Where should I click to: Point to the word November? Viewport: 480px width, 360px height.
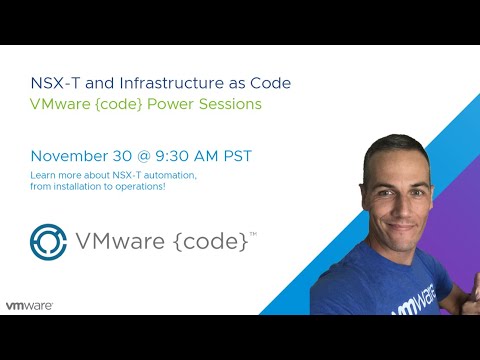(70, 156)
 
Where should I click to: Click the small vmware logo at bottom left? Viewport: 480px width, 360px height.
(29, 305)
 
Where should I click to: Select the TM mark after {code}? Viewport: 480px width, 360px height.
(253, 234)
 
